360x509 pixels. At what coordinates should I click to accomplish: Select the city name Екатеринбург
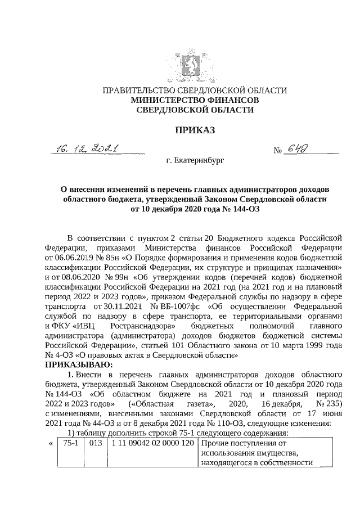195,161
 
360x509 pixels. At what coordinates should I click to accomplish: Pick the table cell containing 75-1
70,442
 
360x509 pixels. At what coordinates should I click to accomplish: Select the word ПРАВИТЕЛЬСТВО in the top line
133,90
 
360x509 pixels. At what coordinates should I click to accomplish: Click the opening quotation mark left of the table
51,442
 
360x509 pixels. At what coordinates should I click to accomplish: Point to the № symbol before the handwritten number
277,151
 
